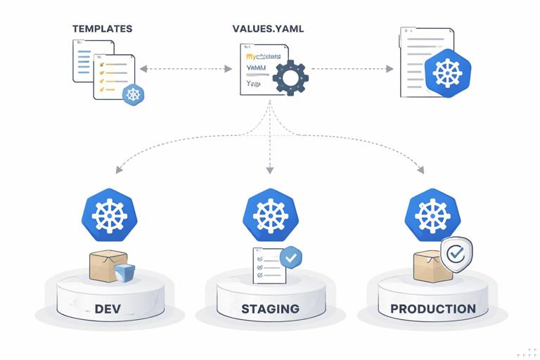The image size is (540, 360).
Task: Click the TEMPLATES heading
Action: click(102, 29)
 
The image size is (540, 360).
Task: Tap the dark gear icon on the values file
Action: click(290, 77)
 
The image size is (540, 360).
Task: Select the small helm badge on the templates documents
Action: click(133, 94)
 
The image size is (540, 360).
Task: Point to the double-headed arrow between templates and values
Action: click(186, 69)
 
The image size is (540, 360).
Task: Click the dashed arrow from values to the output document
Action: click(352, 69)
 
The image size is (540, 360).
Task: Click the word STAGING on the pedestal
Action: click(270, 309)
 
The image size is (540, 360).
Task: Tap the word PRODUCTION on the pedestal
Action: click(433, 309)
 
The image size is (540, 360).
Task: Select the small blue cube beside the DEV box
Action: click(125, 273)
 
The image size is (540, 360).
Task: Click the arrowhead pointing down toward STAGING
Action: click(269, 170)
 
